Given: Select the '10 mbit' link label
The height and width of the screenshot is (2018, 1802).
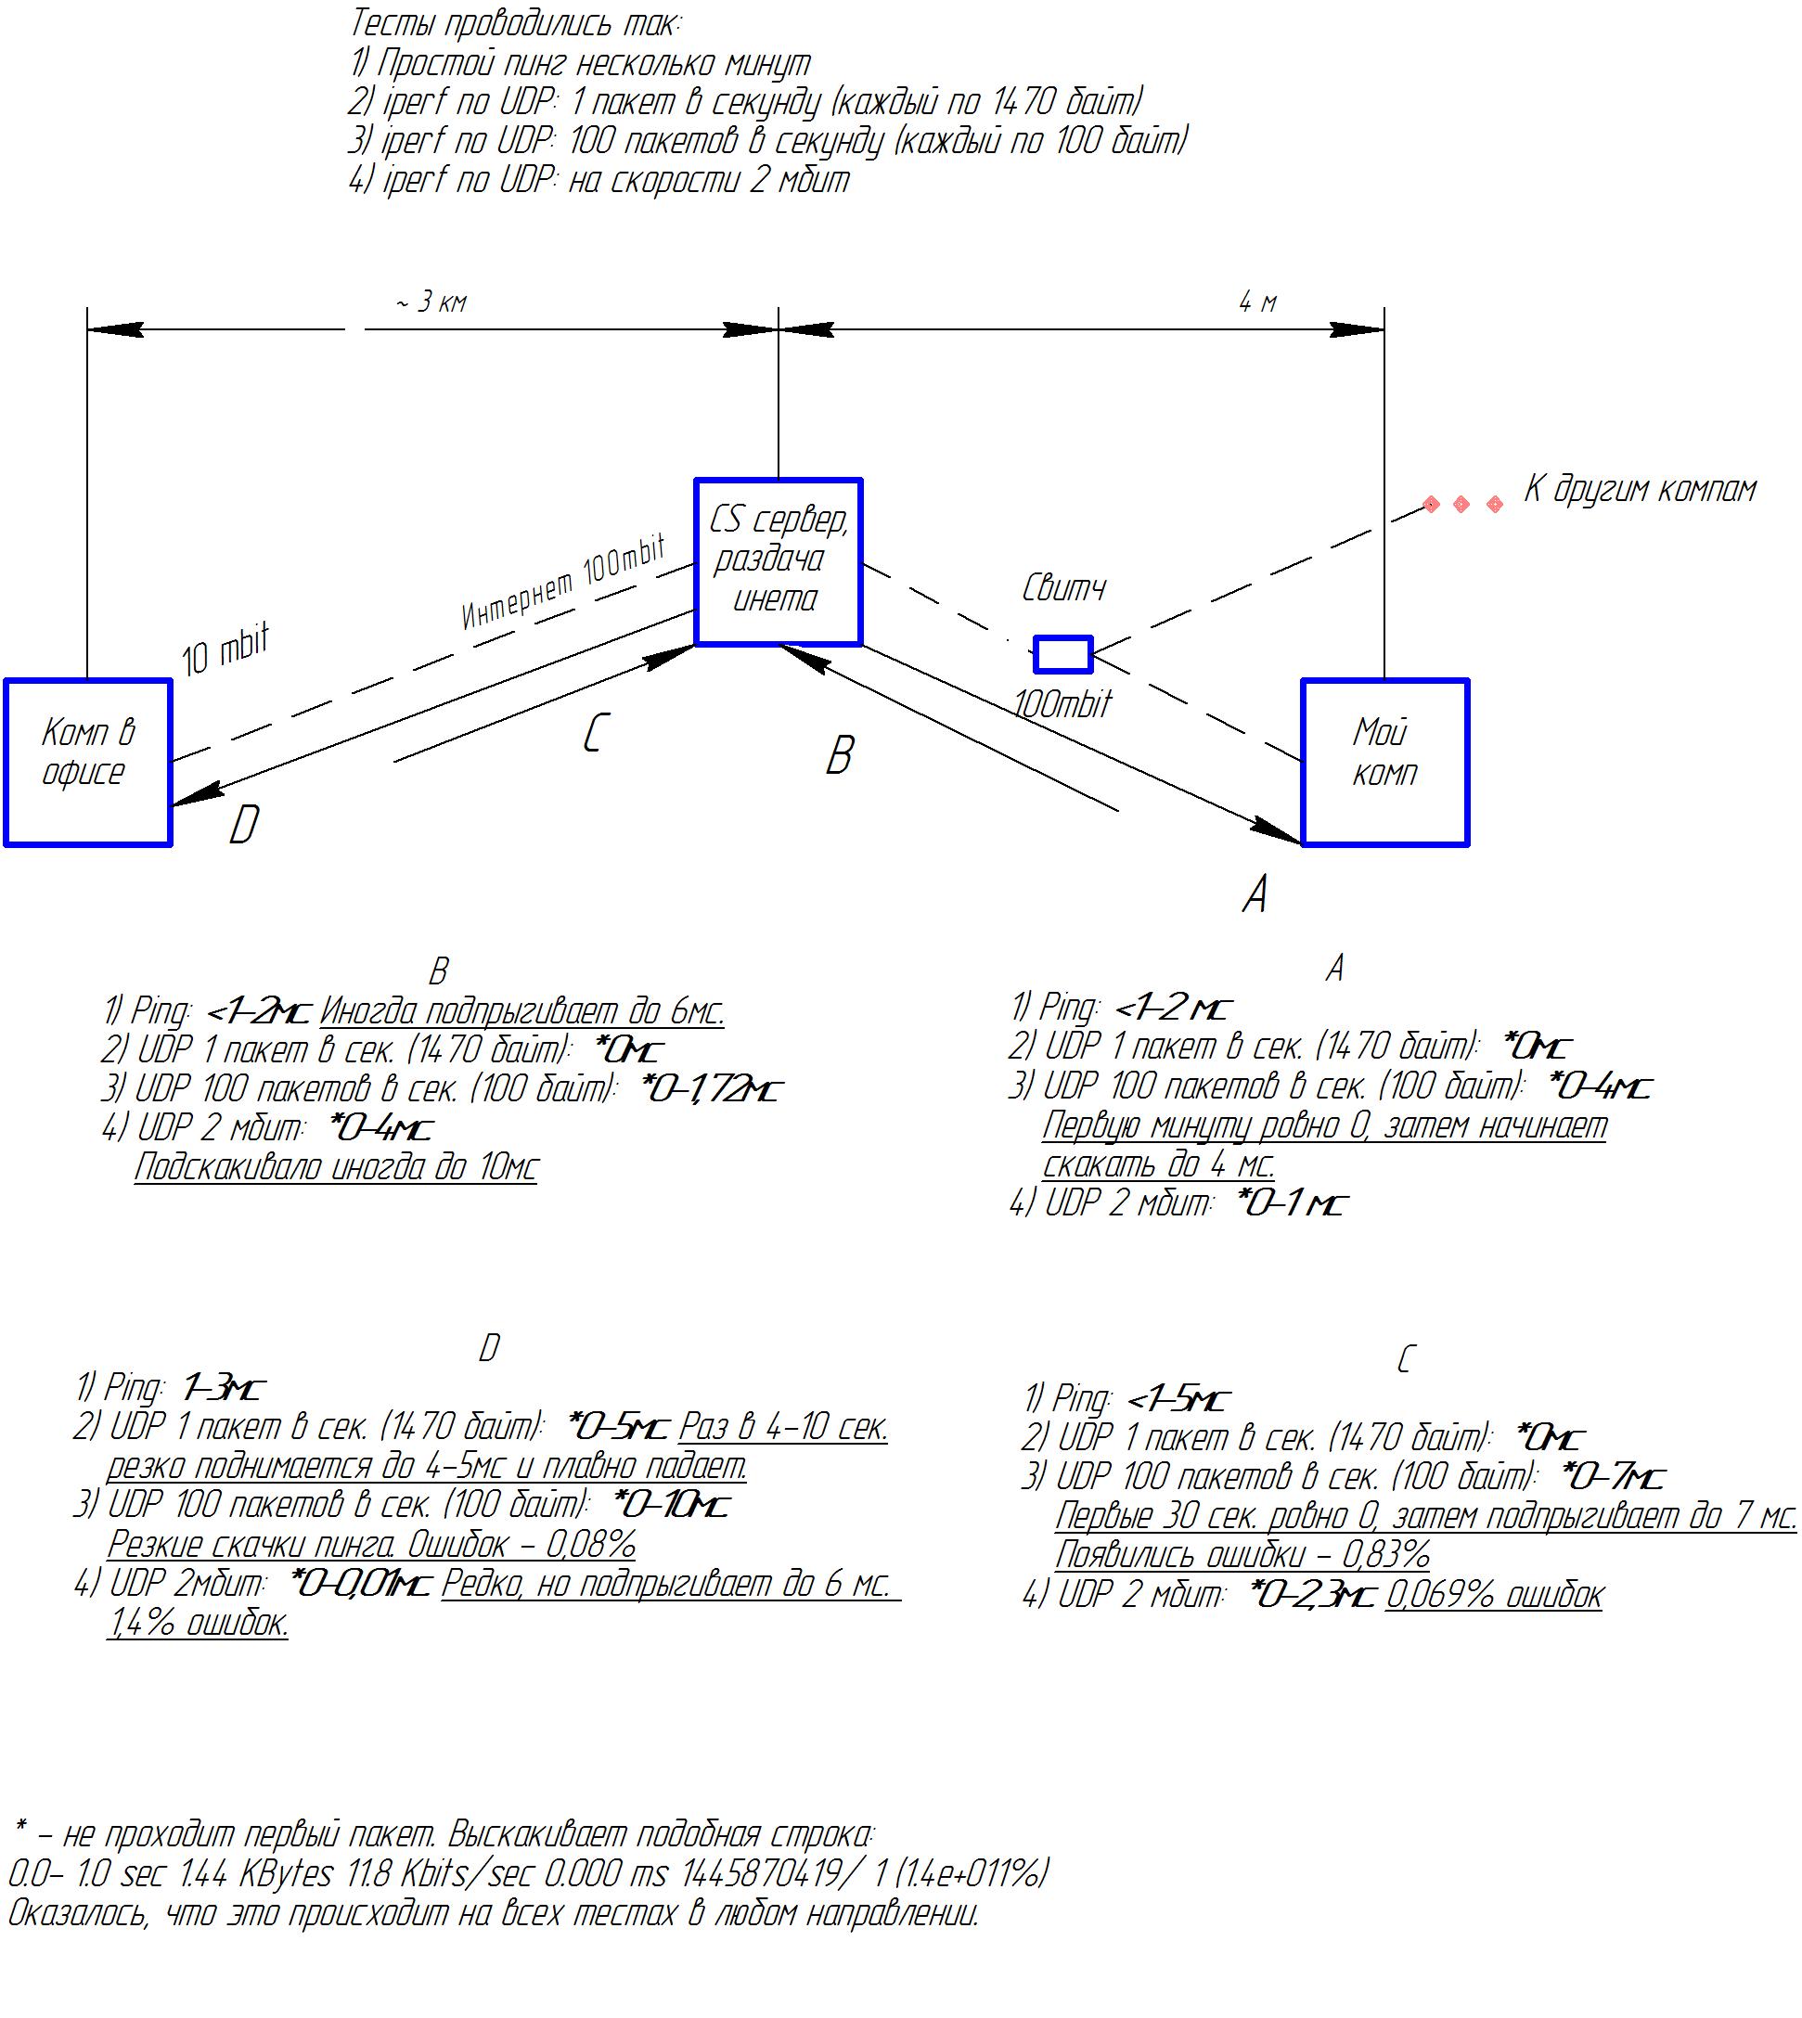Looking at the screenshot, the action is pyautogui.click(x=225, y=649).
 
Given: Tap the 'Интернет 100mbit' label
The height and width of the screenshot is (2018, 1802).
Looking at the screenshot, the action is pyautogui.click(x=563, y=583).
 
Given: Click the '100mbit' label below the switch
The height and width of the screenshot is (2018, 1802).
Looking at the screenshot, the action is pyautogui.click(x=1062, y=703).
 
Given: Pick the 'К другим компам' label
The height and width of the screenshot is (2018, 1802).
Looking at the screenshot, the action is pyautogui.click(x=1640, y=488).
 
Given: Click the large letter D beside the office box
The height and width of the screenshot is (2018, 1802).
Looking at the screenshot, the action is pyautogui.click(x=243, y=824).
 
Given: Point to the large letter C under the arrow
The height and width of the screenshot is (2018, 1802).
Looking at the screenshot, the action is pyautogui.click(x=593, y=733).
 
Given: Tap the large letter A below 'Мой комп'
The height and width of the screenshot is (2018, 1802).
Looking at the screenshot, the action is pyautogui.click(x=1255, y=894).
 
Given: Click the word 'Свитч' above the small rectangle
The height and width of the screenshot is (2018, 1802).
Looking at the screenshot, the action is pyautogui.click(x=1063, y=588).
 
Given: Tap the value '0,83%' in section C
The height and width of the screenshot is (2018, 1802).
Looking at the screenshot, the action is pyautogui.click(x=1385, y=1556).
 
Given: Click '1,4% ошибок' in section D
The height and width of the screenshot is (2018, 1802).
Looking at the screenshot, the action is pyautogui.click(x=198, y=1623).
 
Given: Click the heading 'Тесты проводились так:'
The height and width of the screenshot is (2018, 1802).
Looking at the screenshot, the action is pyautogui.click(x=516, y=23).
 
